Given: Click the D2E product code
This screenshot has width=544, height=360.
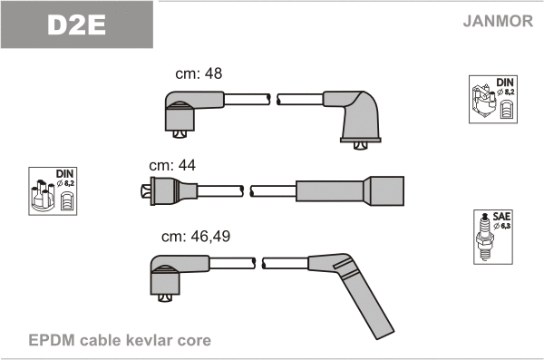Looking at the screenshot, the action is [x=76, y=25].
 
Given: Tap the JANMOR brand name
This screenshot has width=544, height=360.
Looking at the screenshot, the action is [x=498, y=21].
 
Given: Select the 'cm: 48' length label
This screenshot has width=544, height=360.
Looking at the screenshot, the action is [x=199, y=73].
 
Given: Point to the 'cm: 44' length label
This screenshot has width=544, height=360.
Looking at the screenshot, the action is [x=172, y=165].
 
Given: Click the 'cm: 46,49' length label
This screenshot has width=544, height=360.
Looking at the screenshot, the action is [x=196, y=237].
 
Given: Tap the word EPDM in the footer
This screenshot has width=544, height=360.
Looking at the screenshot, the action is [x=52, y=340].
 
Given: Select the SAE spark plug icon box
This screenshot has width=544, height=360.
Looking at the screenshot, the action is [x=493, y=237].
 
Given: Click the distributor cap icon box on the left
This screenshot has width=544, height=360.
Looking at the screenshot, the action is [x=53, y=191].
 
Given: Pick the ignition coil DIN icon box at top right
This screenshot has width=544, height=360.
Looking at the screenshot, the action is [x=493, y=99].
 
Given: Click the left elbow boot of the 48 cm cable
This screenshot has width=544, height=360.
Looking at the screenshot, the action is [x=188, y=112].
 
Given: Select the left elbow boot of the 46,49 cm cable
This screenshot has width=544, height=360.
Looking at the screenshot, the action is [x=173, y=275].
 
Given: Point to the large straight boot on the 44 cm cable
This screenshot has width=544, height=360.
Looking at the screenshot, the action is [x=350, y=191].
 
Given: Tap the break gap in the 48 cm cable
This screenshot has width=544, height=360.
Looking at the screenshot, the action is [x=274, y=99].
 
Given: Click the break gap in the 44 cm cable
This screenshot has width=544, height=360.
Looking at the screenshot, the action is [x=247, y=191].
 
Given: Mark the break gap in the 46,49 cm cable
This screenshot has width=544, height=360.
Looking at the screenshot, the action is [x=258, y=263].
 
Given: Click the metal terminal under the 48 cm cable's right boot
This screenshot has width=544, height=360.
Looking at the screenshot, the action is [x=361, y=146].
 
